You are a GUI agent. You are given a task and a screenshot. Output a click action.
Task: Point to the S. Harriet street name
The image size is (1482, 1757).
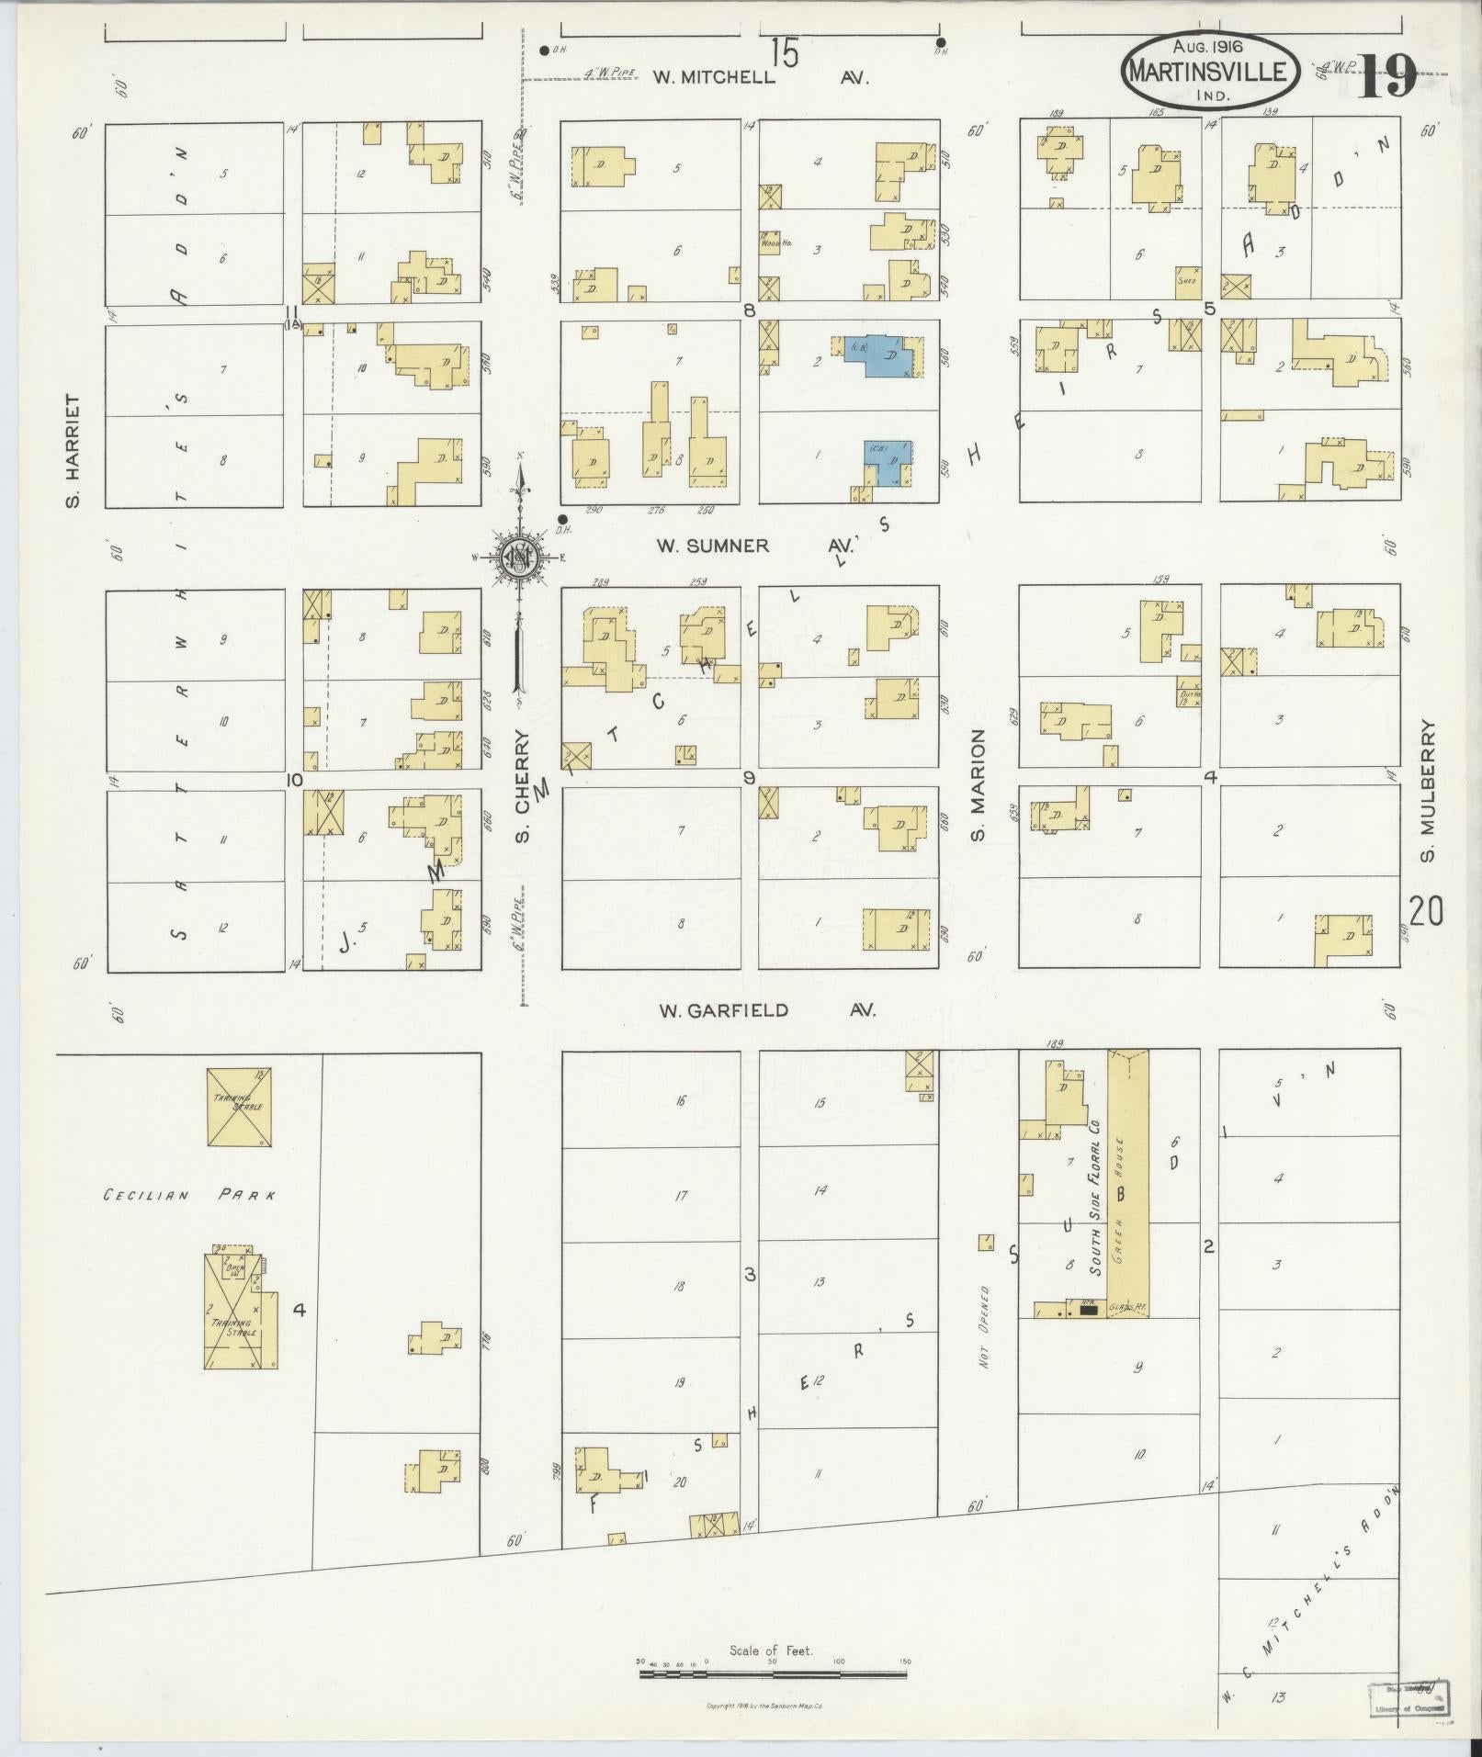point(74,451)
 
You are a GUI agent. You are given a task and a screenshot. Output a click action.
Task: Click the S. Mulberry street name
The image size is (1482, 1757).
point(1427,791)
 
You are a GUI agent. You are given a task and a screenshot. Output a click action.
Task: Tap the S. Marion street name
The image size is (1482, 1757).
point(979,785)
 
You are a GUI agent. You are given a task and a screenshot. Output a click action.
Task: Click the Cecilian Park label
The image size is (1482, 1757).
point(190,1196)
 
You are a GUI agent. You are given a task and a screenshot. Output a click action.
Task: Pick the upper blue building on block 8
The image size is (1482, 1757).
point(885,354)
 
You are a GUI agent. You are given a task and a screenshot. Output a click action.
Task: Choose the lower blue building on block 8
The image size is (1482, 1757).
point(888,461)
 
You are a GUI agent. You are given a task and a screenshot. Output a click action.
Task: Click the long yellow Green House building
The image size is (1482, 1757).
point(1129,1185)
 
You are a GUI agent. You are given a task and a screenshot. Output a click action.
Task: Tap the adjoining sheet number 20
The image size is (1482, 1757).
point(1426,912)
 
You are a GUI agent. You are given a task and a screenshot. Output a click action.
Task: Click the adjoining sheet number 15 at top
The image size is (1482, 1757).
point(784,53)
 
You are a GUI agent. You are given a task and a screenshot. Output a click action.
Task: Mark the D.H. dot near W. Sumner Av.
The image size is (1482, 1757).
point(562,518)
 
